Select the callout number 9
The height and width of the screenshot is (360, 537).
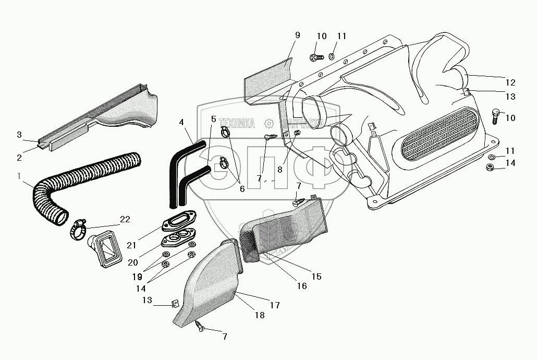pyautogui.click(x=297, y=35)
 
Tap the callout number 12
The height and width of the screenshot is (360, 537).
pyautogui.click(x=510, y=82)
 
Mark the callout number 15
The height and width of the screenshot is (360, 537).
pyautogui.click(x=316, y=277)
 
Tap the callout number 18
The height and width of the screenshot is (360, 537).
pyautogui.click(x=259, y=315)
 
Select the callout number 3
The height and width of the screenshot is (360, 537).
pyautogui.click(x=19, y=135)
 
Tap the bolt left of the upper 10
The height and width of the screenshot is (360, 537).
pyautogui.click(x=315, y=56)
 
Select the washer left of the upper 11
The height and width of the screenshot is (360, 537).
pyautogui.click(x=332, y=56)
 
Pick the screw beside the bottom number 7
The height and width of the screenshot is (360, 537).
pyautogui.click(x=200, y=326)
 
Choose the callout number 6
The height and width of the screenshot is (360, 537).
pyautogui.click(x=241, y=189)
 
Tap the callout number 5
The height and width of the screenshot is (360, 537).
pyautogui.click(x=213, y=119)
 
